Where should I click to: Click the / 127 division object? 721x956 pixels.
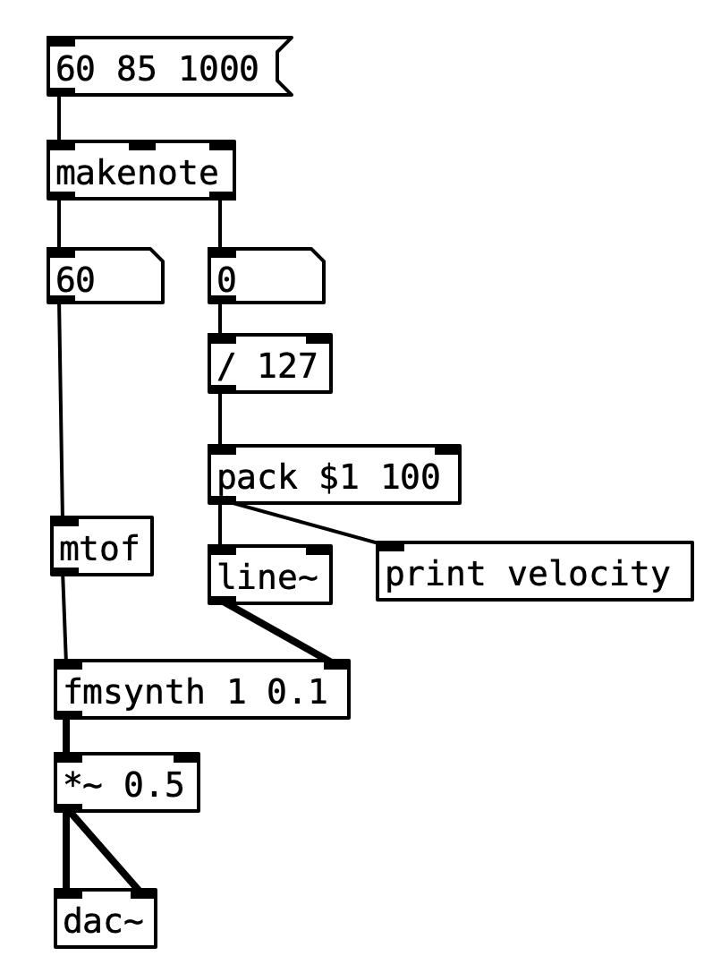269,364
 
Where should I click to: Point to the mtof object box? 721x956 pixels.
101,546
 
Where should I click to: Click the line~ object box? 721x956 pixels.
269,576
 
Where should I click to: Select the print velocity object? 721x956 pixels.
534,571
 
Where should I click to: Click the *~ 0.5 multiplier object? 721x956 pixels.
126,783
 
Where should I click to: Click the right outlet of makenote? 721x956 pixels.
222,194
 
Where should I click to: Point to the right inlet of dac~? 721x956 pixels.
143,893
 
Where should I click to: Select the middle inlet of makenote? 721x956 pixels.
141,145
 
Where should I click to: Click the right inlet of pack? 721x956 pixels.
447,449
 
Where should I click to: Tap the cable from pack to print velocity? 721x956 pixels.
304,523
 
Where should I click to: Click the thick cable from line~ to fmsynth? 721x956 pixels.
277,632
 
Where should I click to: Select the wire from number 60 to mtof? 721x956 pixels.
61,412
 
